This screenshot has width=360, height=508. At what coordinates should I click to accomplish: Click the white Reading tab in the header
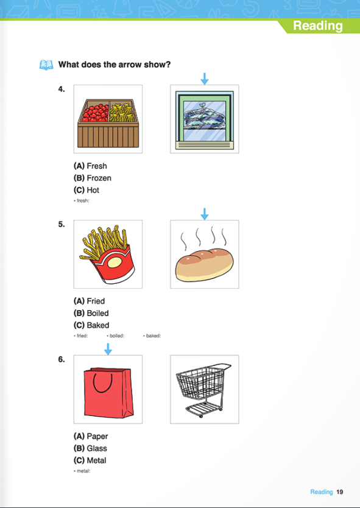[x=317, y=26]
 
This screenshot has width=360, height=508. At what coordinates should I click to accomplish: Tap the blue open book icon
[x=46, y=65]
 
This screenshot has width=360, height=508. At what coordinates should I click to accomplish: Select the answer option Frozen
[x=93, y=178]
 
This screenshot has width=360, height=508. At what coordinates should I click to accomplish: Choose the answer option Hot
[x=86, y=190]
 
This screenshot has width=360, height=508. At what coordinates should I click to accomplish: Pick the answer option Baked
[x=91, y=325]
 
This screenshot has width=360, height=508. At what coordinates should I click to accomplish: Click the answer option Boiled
[x=91, y=313]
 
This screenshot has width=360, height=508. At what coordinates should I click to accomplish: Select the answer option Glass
[x=90, y=448]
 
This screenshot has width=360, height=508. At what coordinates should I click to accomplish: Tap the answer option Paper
[x=91, y=436]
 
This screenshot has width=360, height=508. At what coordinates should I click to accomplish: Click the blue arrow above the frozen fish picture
[x=205, y=79]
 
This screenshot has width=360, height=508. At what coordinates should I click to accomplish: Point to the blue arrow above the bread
[x=205, y=214]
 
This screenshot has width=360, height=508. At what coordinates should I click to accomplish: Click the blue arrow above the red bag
[x=108, y=349]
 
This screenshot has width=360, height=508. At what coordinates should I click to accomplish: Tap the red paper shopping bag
[x=108, y=393]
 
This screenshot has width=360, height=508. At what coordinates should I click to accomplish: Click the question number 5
[x=62, y=224]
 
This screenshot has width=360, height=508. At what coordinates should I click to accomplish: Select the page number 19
[x=339, y=492]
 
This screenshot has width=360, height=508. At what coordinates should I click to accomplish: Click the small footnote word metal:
[x=82, y=471]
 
